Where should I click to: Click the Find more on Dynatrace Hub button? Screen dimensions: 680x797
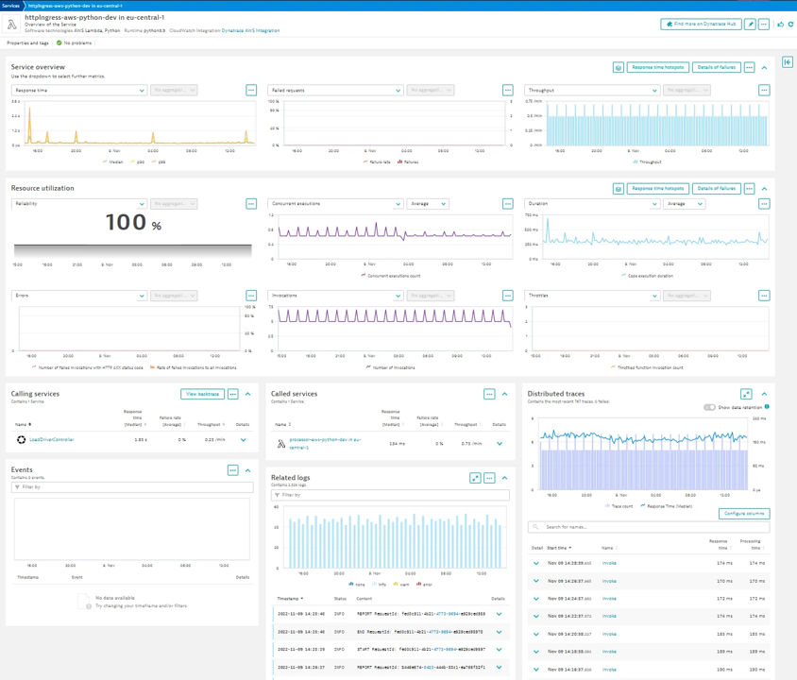702,25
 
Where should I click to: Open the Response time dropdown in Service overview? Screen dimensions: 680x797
79,91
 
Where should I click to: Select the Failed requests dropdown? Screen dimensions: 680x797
335,91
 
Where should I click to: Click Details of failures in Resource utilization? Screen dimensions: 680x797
716,189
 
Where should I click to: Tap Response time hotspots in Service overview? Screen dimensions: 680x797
658,68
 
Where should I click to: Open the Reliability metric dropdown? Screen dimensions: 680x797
79,204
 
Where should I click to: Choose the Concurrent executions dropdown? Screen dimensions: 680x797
335,204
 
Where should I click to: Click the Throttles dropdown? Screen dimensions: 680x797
592,296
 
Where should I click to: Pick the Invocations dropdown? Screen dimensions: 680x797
335,296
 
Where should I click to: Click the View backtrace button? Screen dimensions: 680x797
202,394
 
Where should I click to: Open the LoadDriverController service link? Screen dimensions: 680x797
51,440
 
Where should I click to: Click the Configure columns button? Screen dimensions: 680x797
744,514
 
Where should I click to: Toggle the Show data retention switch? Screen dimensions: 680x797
709,407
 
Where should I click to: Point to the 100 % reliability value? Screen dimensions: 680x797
133,223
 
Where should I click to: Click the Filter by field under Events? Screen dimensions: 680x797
132,487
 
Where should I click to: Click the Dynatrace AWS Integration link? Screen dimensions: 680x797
250,30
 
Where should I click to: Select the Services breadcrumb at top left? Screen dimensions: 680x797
10,5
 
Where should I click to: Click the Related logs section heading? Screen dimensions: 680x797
290,478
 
